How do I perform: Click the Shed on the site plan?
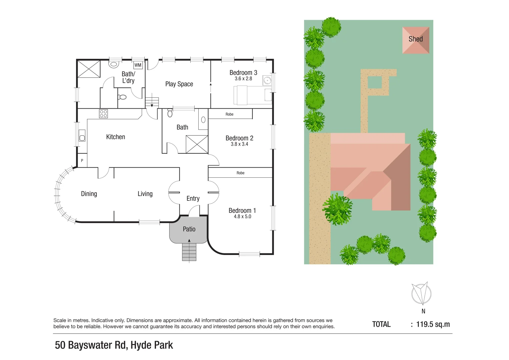[415, 40]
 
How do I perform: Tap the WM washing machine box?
[138, 65]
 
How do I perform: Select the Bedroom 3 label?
[243, 73]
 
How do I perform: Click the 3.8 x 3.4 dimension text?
[239, 144]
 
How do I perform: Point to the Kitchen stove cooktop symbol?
[103, 114]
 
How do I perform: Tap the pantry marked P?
[82, 160]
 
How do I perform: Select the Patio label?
[189, 229]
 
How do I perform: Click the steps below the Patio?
[189, 252]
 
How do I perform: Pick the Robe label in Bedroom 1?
[240, 173]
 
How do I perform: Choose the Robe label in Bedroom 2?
[229, 114]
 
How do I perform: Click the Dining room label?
[89, 194]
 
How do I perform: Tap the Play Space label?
[179, 84]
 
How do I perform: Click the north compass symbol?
[421, 293]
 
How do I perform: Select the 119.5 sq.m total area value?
[433, 324]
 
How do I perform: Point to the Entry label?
[193, 199]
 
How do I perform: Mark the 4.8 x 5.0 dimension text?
[242, 217]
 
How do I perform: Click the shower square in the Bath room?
[197, 144]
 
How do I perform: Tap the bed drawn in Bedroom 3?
[252, 95]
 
